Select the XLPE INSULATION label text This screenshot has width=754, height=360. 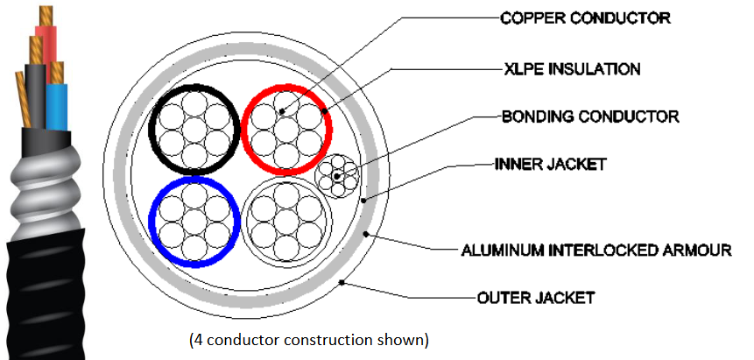pyautogui.click(x=572, y=68)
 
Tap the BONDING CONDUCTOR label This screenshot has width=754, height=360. pyautogui.click(x=589, y=116)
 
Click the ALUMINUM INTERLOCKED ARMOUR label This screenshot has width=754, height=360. pyautogui.click(x=596, y=251)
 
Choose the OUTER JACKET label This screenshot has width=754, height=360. pyautogui.click(x=537, y=298)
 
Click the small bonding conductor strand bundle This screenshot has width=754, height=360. pyautogui.click(x=337, y=176)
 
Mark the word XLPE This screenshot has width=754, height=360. pyautogui.click(x=523, y=68)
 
